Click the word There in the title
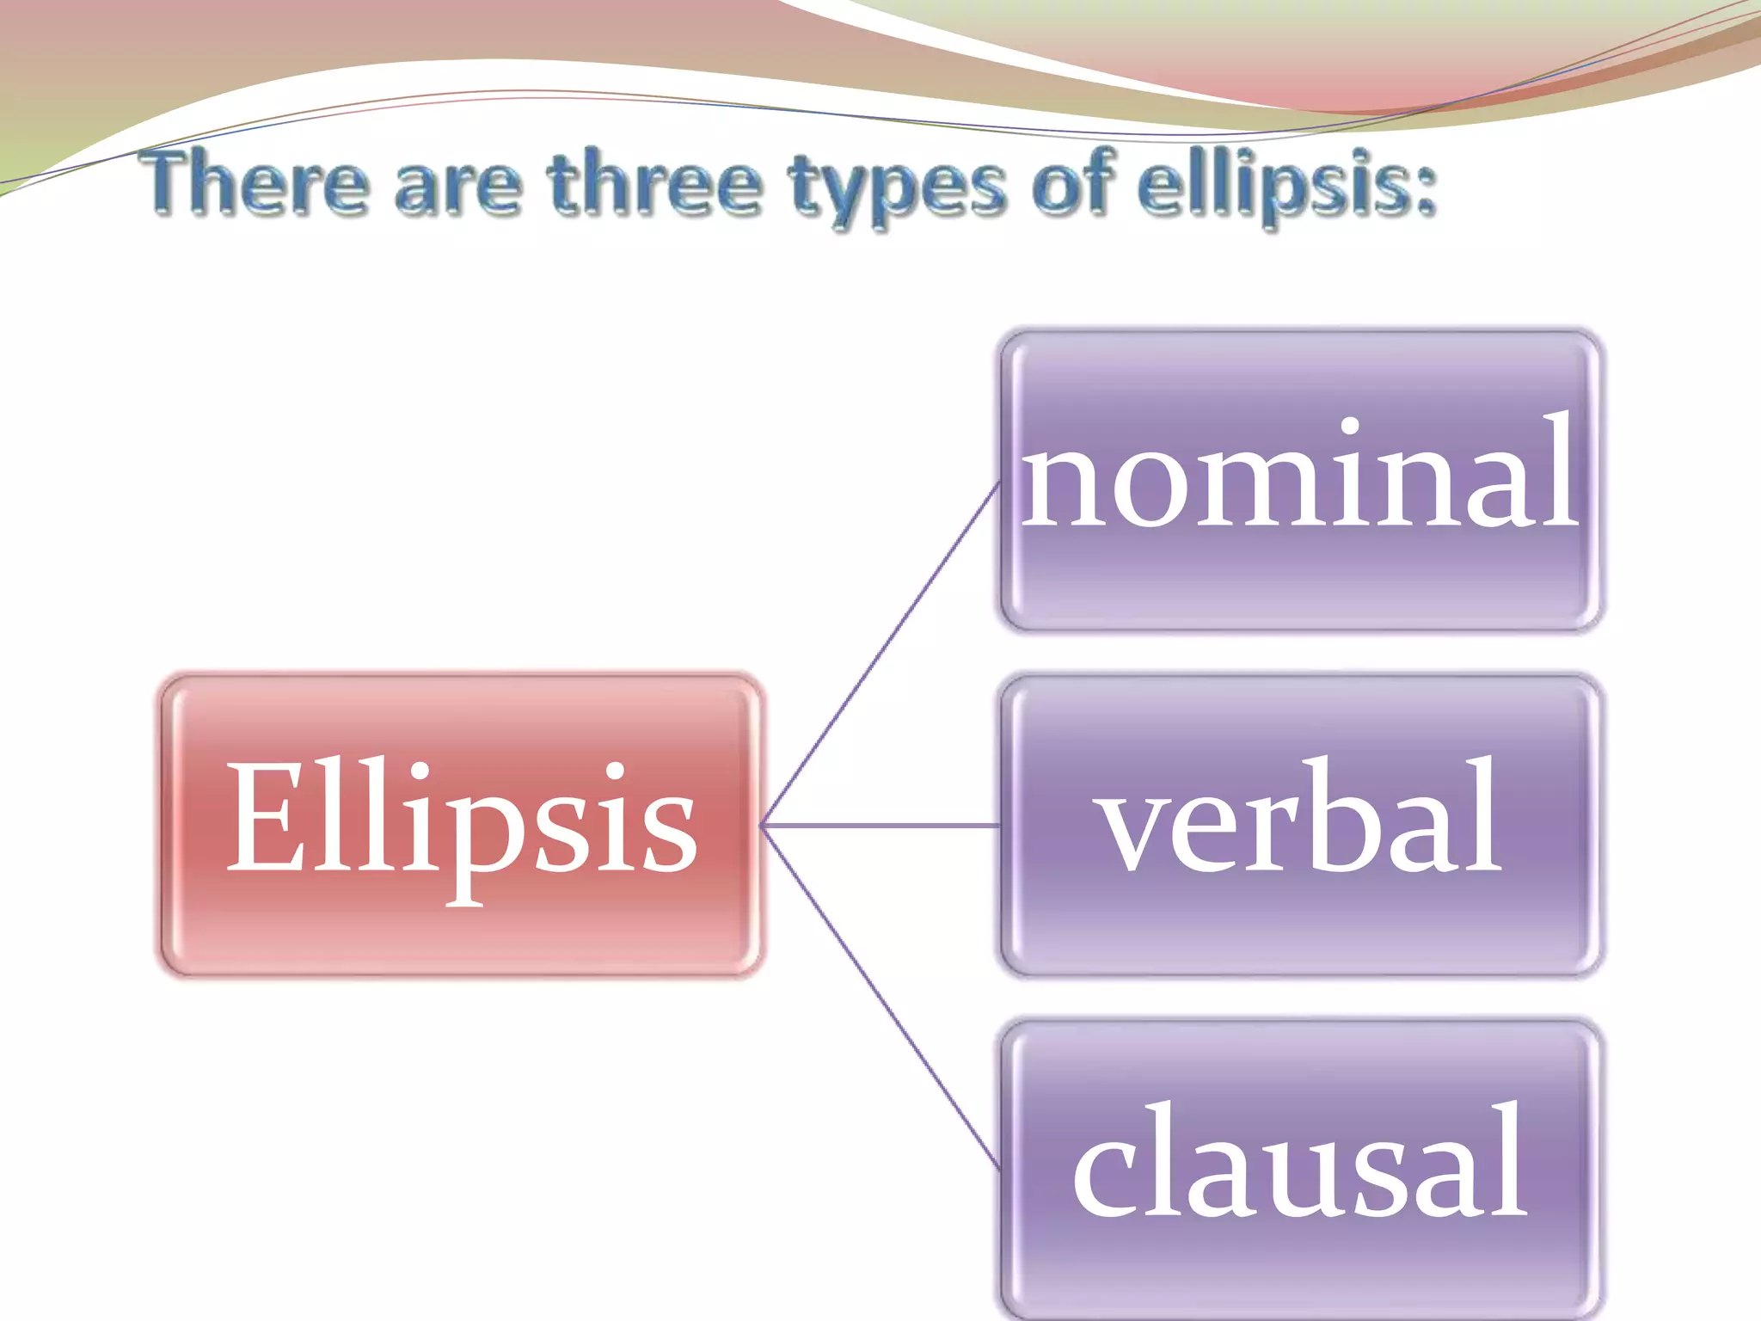[x=257, y=183]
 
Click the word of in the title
[x=1074, y=183]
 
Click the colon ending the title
[x=1426, y=191]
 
